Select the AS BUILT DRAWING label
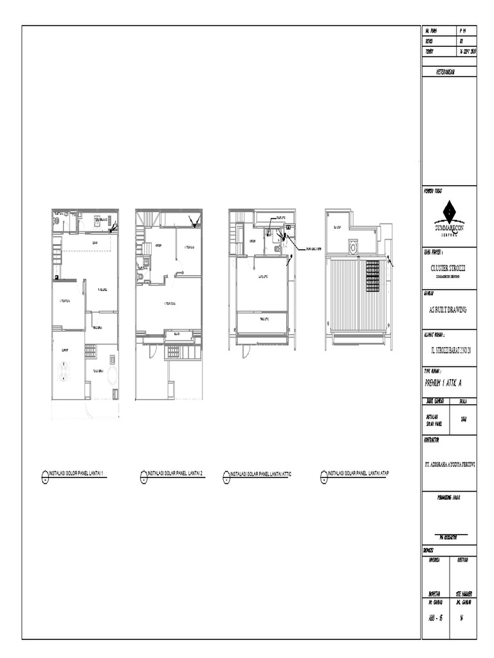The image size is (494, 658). pyautogui.click(x=449, y=310)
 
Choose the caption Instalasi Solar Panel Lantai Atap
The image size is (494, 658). pyautogui.click(x=358, y=473)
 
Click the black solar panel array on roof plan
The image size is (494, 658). pyautogui.click(x=373, y=276)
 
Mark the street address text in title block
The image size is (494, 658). pyautogui.click(x=449, y=350)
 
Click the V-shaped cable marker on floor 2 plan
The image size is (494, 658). pyautogui.click(x=195, y=222)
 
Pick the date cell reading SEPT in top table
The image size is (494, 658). pyautogui.click(x=466, y=51)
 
